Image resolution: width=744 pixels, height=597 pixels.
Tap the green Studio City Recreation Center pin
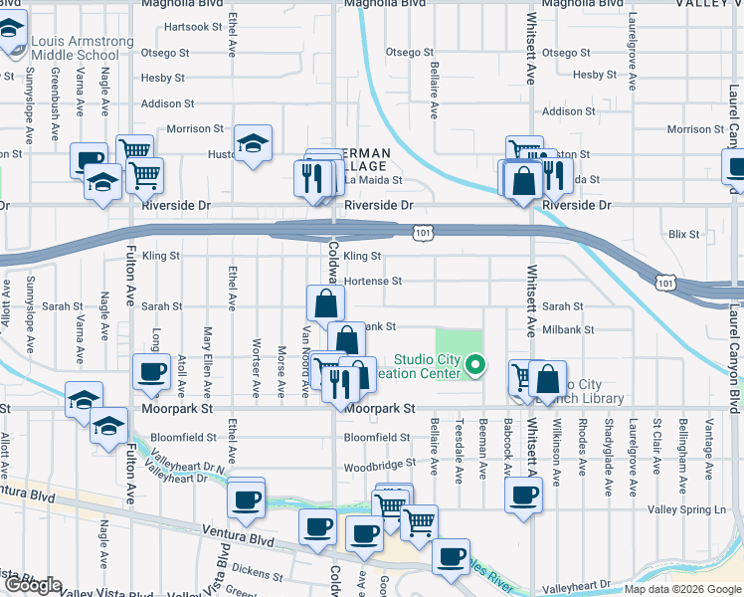(x=475, y=365)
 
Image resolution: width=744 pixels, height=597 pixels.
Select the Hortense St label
(x=372, y=282)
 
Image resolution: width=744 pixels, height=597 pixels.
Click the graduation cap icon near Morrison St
(x=253, y=143)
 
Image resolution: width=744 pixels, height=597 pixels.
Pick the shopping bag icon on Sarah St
(x=325, y=302)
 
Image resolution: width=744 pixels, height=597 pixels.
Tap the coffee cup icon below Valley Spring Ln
(x=523, y=495)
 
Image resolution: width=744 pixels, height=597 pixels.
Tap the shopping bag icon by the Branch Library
(x=548, y=379)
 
